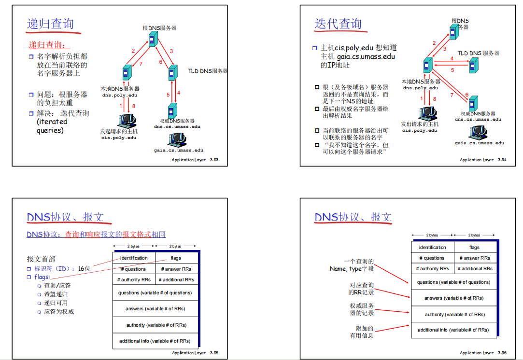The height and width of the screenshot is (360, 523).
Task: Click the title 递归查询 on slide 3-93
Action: tap(50, 24)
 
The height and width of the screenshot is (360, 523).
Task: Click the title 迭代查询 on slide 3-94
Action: tap(338, 24)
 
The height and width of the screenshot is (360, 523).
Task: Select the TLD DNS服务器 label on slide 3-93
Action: tap(208, 71)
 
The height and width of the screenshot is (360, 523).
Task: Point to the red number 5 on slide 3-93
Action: tap(169, 95)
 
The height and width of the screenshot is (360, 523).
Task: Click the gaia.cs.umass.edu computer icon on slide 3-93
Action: tap(177, 139)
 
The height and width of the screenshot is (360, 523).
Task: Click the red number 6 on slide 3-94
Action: tap(467, 95)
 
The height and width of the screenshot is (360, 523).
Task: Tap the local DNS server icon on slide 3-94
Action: tap(427, 65)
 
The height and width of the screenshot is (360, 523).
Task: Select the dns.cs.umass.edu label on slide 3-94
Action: tap(478, 119)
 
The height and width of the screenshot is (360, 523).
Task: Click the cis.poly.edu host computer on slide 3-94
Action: tap(426, 113)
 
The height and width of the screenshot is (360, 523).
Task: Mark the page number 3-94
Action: tap(502, 160)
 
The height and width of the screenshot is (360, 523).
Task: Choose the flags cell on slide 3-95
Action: tap(176, 258)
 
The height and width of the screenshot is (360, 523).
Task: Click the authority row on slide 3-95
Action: tap(156, 325)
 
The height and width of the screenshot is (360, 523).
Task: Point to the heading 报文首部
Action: tap(41, 259)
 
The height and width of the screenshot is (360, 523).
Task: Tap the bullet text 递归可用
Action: tap(56, 303)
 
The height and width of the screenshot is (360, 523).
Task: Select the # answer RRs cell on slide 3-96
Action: tap(474, 258)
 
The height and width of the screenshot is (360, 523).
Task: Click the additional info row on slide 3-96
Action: tap(453, 330)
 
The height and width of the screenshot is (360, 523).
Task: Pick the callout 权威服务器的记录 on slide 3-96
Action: tap(362, 309)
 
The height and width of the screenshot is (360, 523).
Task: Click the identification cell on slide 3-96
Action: tap(432, 248)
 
